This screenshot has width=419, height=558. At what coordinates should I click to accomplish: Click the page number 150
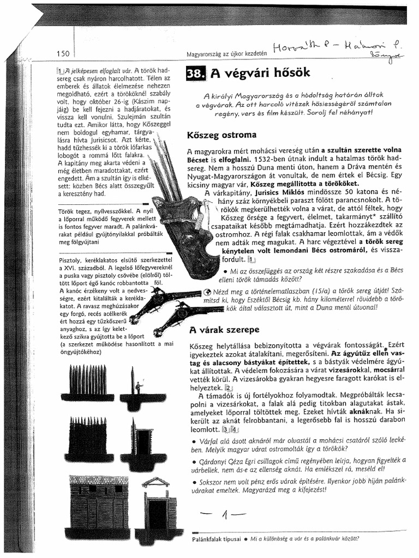click(63, 53)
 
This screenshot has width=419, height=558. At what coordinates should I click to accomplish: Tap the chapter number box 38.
click(195, 74)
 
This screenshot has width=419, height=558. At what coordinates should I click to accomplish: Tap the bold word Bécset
click(197, 160)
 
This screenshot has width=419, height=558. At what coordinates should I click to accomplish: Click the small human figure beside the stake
click(138, 387)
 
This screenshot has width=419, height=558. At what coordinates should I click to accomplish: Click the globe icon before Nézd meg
click(191, 292)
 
